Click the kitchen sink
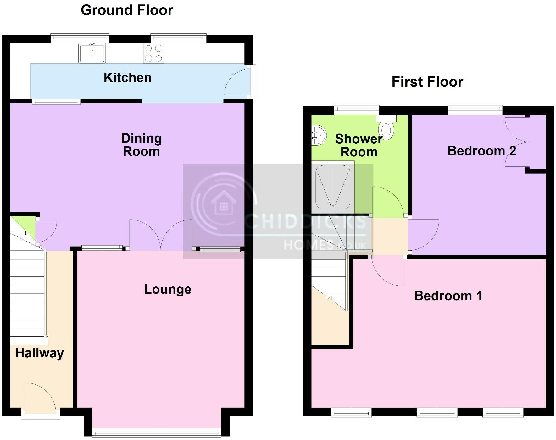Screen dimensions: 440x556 tap(92, 53)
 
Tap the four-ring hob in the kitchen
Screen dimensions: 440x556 tap(154, 53)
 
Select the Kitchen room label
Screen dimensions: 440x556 tap(127, 78)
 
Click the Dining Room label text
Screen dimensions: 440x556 tap(142, 145)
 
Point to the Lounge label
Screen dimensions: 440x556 tap(168, 289)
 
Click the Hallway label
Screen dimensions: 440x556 tap(40, 353)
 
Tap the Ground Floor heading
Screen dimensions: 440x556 tap(127, 10)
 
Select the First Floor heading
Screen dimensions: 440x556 tap(427, 82)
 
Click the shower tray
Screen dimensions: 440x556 tap(333, 187)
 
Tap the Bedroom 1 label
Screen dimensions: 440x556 tap(448, 296)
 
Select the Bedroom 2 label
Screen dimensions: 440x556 tap(481, 151)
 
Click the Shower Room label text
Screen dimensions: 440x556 tap(359, 145)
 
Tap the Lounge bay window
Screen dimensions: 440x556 tap(157, 434)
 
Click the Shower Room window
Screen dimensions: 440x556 tap(357, 109)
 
